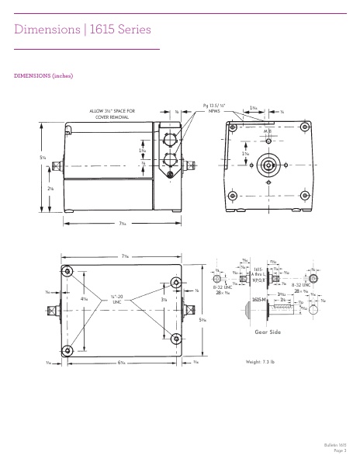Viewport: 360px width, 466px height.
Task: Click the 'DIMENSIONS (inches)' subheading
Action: (x=44, y=76)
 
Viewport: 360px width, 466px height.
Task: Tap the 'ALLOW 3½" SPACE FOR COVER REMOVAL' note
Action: (x=114, y=115)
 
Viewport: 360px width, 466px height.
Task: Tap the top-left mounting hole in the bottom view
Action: (x=68, y=272)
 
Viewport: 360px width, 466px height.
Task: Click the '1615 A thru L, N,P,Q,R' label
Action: (x=261, y=273)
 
